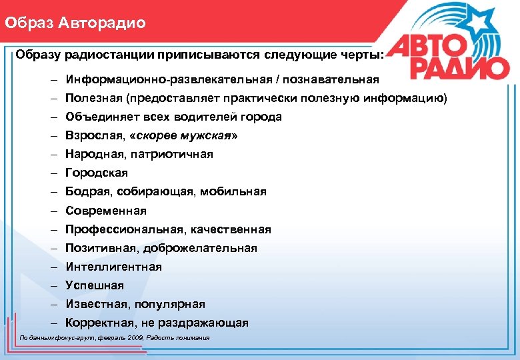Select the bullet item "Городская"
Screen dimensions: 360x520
pyautogui.click(x=97, y=173)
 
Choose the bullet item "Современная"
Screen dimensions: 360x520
pyautogui.click(x=106, y=211)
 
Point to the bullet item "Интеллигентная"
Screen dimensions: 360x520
pyautogui.click(x=113, y=267)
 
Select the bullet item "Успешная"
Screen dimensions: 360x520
pyautogui.click(x=95, y=285)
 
